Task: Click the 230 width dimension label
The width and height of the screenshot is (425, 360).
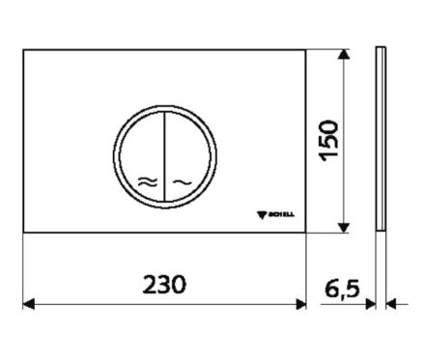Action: click(164, 284)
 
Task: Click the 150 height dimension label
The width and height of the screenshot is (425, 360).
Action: click(328, 141)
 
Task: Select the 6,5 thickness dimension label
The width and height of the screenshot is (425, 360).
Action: click(342, 289)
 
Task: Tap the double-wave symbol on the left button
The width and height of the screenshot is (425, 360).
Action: click(148, 182)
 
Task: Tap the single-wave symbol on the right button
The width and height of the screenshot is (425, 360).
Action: click(183, 182)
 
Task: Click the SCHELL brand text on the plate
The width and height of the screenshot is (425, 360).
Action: click(281, 214)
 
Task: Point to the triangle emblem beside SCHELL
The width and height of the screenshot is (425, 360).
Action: click(262, 215)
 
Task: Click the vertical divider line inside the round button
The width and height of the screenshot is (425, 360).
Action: click(164, 156)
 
